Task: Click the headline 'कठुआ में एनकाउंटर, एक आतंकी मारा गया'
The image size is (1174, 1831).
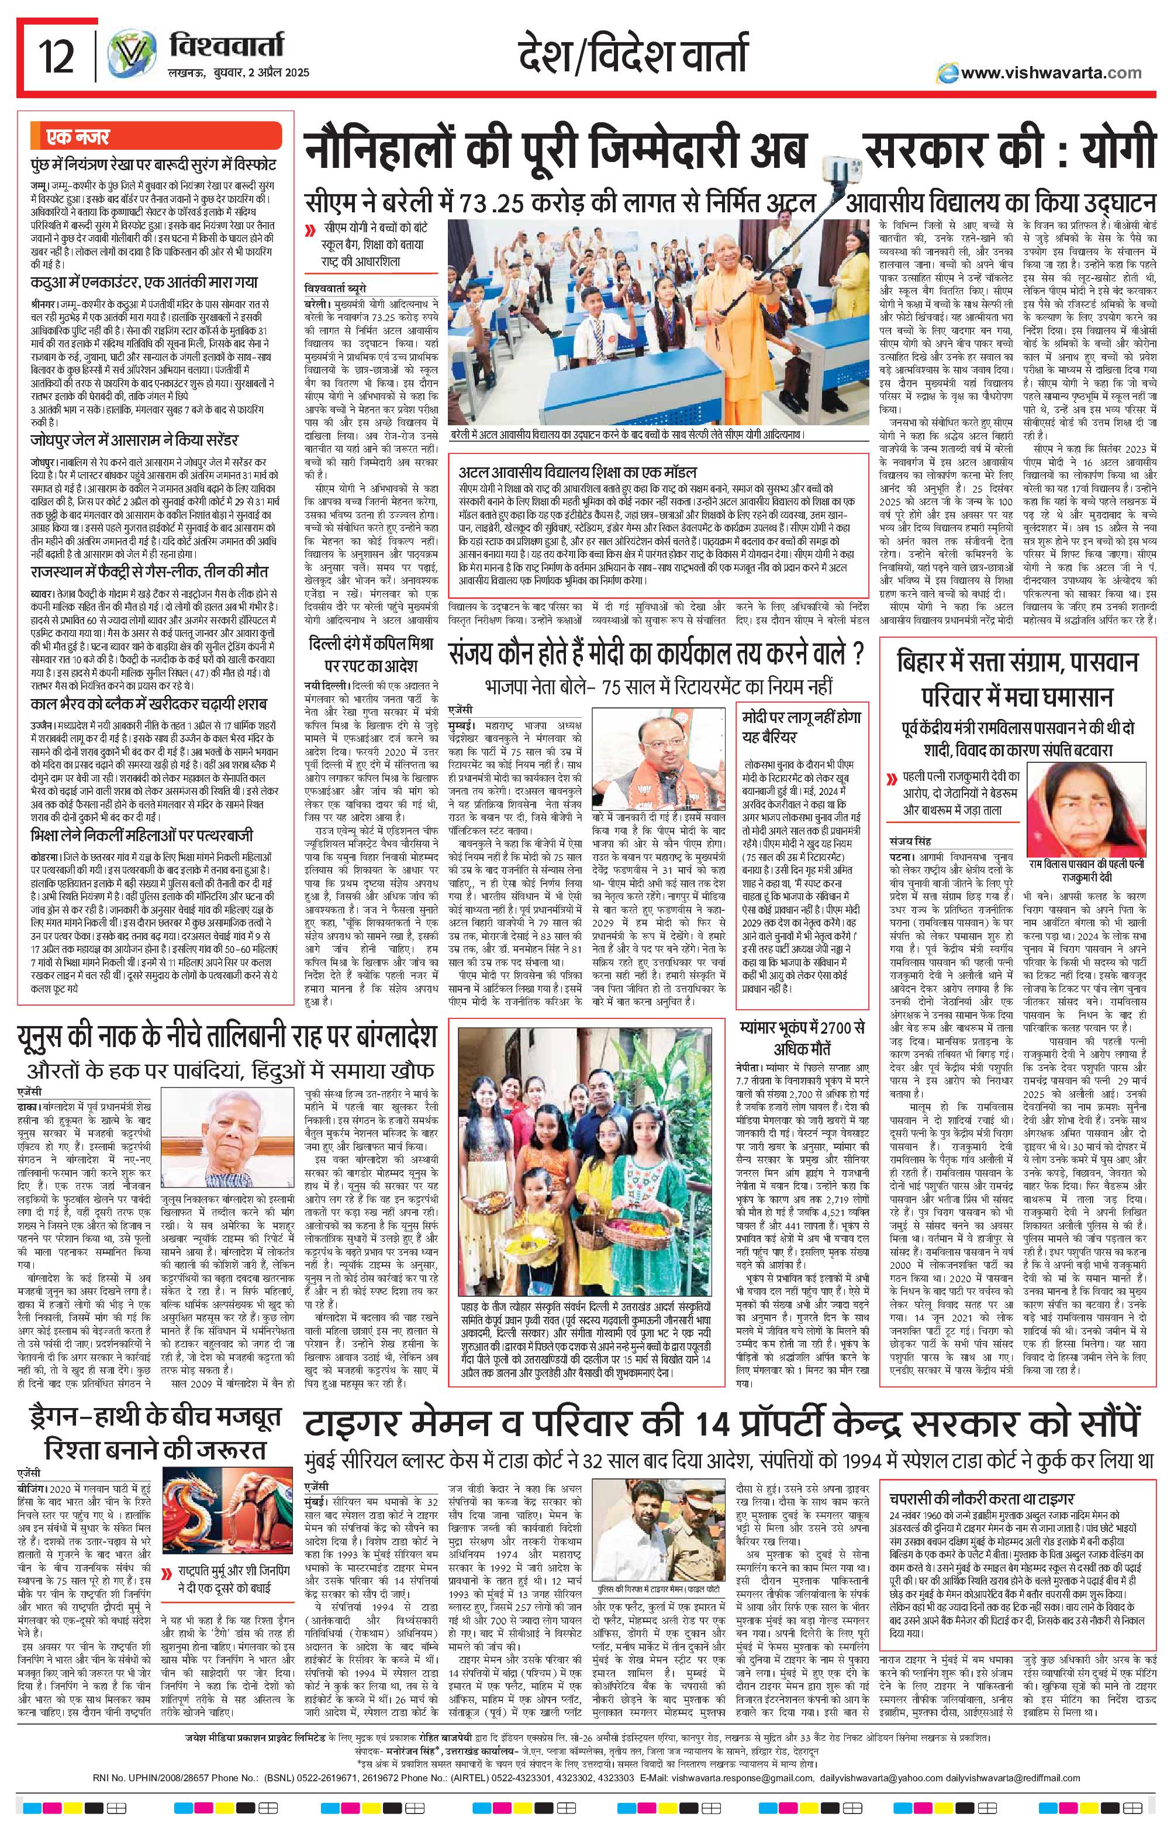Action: point(144,281)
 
